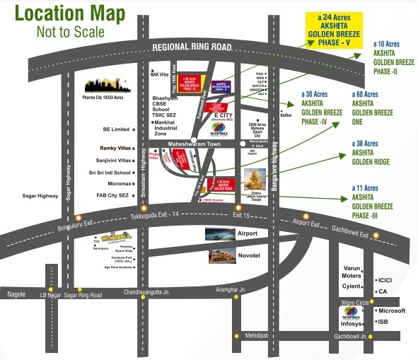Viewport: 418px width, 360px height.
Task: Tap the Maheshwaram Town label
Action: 194,144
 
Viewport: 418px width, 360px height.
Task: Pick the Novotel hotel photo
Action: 222,255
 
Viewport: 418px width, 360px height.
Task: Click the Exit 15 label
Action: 242,214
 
